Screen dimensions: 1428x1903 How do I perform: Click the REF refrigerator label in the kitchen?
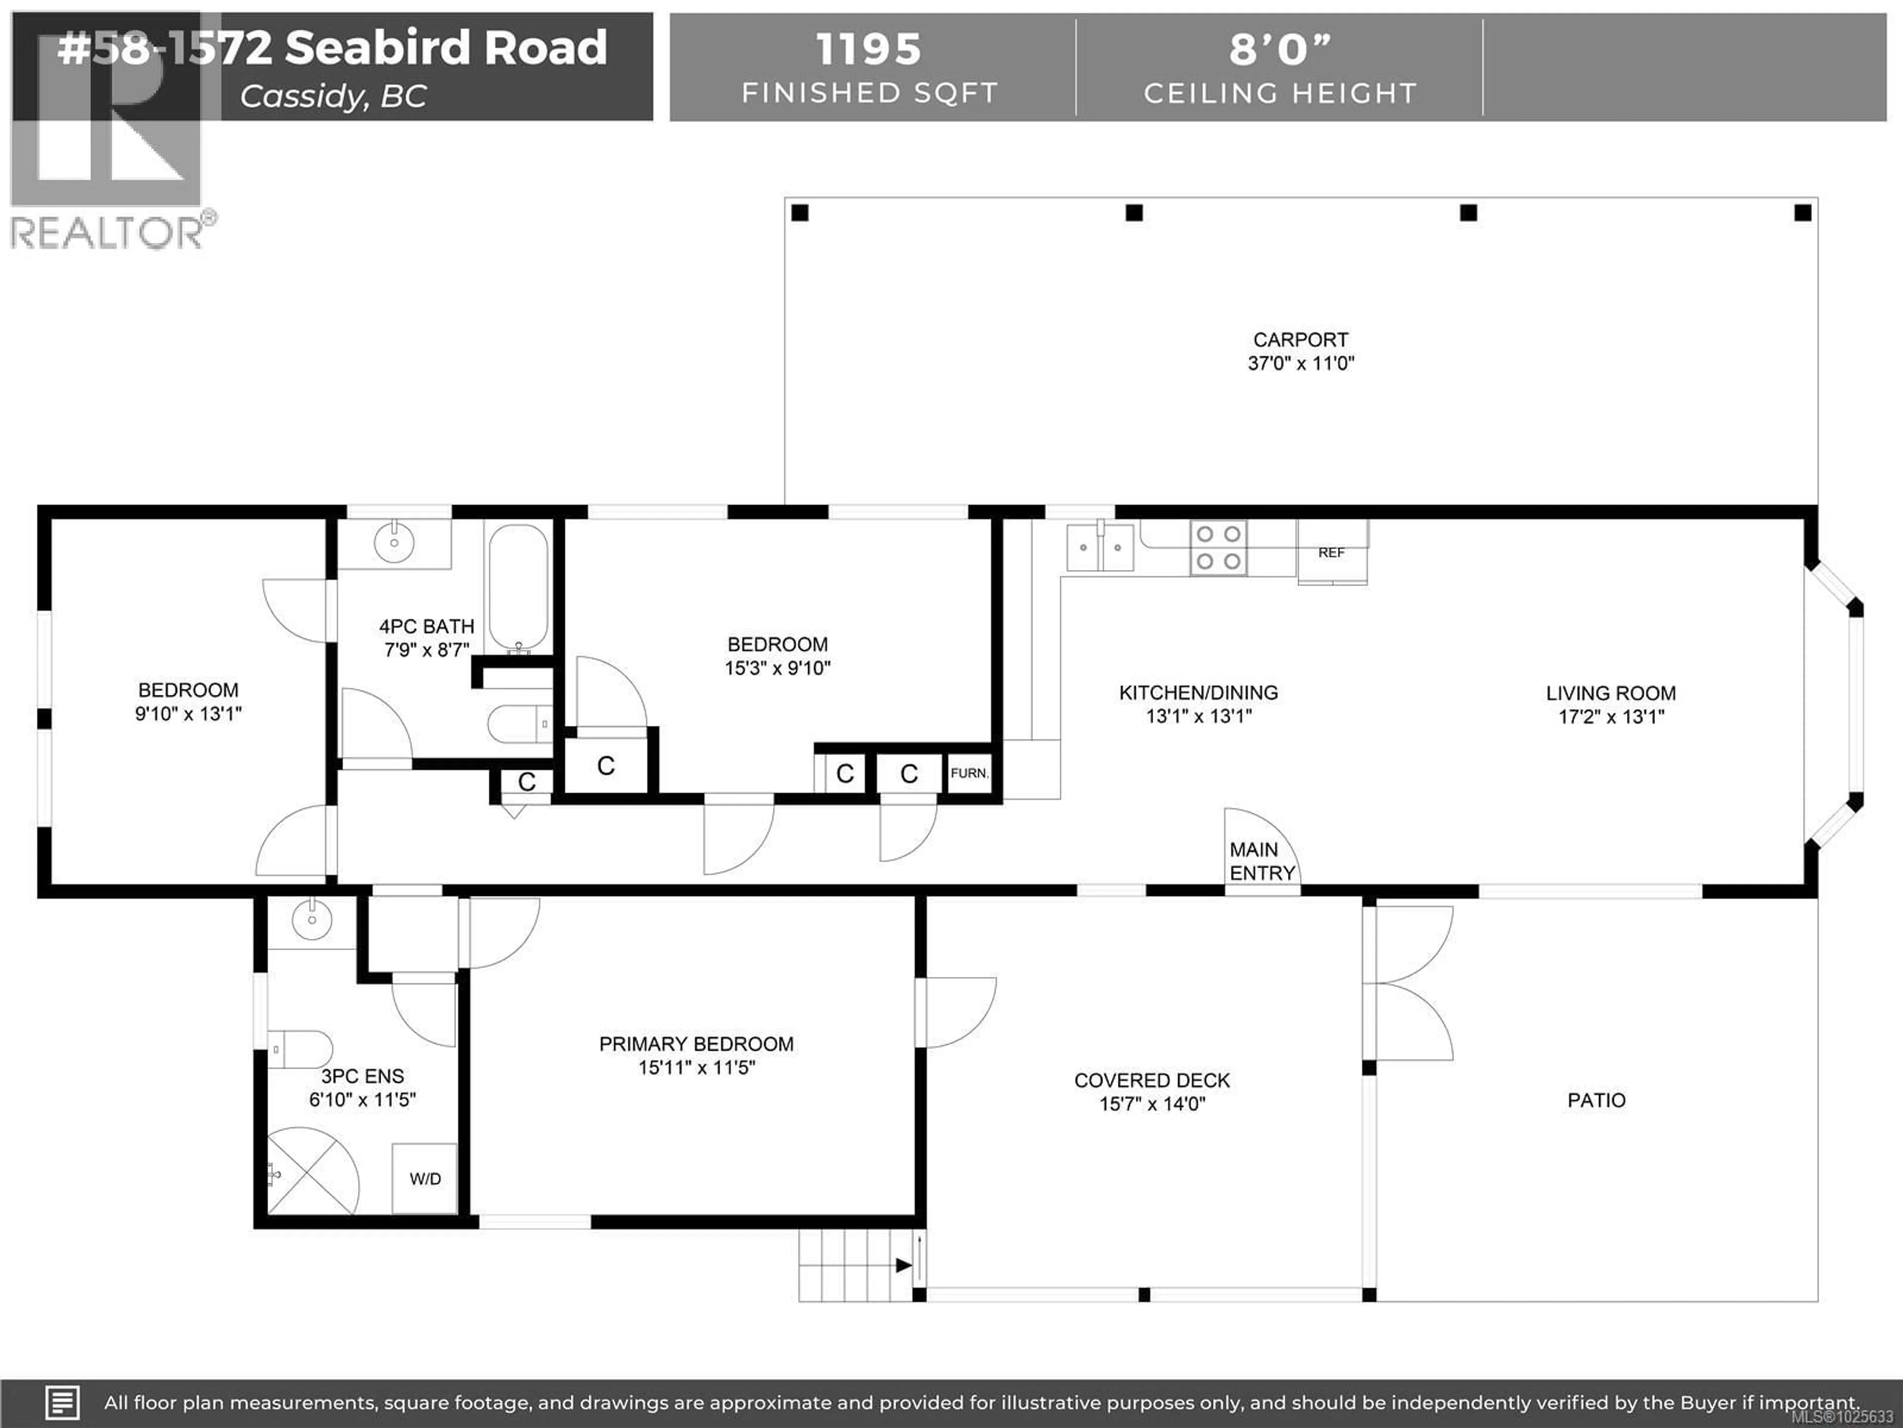point(1331,553)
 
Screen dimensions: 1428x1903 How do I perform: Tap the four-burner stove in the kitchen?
point(1218,547)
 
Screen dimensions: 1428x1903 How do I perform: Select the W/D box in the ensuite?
point(425,1179)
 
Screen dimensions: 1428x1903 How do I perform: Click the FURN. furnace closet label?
point(969,773)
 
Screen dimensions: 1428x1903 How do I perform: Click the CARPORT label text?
point(1300,340)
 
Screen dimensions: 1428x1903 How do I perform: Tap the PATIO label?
point(1596,1100)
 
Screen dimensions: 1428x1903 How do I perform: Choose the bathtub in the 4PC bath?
point(518,588)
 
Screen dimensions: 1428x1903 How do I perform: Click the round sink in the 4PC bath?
point(394,542)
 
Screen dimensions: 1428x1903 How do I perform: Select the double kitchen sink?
point(1100,547)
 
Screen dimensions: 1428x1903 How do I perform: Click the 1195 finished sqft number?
point(868,49)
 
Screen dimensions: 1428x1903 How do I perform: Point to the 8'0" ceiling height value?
point(1279,49)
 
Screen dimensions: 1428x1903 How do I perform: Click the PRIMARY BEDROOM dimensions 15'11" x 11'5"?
point(696,1068)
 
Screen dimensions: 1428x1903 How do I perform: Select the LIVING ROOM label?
point(1611,693)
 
